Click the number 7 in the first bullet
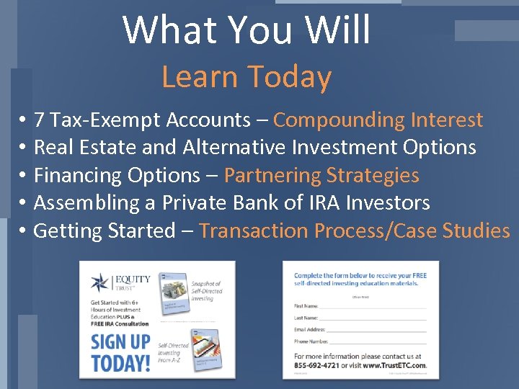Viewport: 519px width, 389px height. point(40,120)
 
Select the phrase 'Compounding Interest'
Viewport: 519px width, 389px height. point(378,120)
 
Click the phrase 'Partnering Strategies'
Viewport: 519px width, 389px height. point(321,176)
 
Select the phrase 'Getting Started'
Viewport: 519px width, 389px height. point(105,231)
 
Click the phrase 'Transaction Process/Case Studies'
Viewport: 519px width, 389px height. point(354,231)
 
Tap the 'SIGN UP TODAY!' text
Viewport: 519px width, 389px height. point(120,351)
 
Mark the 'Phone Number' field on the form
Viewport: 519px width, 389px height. point(378,341)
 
